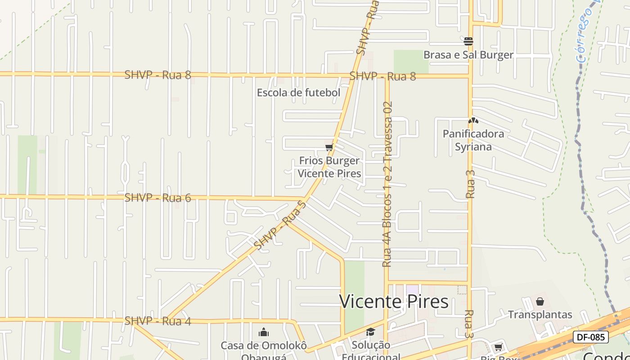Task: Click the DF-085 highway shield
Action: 590,337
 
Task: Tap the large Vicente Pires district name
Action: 394,301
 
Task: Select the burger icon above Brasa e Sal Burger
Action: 468,41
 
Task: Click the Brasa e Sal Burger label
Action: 468,55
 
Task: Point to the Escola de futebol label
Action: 298,93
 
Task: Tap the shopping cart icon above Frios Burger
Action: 329,148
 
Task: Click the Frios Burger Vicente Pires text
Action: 329,167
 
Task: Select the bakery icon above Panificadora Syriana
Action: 473,121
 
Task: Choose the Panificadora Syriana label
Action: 473,140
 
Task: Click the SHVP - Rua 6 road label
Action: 157,198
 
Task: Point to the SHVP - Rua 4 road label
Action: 157,321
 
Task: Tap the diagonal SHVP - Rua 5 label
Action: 280,225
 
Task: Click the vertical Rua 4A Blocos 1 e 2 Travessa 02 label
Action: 387,184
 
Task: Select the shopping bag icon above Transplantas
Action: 540,301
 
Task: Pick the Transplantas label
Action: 540,315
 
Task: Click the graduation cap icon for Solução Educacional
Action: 370,332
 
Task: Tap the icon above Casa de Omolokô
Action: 264,333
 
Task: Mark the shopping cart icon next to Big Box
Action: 498,347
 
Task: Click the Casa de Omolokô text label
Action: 264,346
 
